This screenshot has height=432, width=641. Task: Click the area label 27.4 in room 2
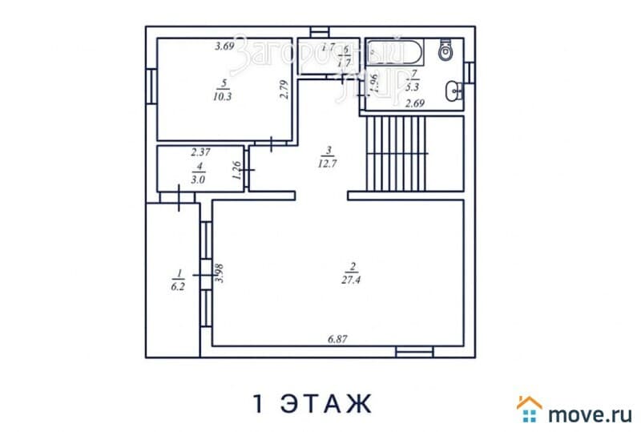pyautogui.click(x=352, y=277)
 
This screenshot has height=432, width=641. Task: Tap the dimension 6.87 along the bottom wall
pyautogui.click(x=337, y=341)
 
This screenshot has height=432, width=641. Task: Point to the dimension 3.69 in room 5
pyautogui.click(x=224, y=46)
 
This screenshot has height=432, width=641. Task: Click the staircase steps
pyautogui.click(x=397, y=152)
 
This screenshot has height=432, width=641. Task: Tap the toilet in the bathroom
pyautogui.click(x=446, y=51)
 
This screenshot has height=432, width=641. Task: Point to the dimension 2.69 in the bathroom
pyautogui.click(x=414, y=103)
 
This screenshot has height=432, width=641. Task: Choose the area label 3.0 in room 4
pyautogui.click(x=200, y=180)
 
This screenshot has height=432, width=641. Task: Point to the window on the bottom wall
pyautogui.click(x=414, y=351)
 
